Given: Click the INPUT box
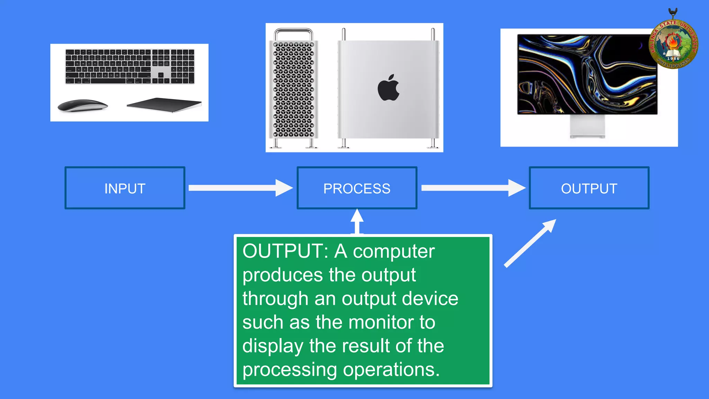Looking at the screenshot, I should pyautogui.click(x=125, y=188).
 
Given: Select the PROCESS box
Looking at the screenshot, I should pyautogui.click(x=357, y=188).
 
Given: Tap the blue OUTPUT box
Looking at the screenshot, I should pyautogui.click(x=589, y=188).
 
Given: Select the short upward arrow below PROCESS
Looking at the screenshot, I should pyautogui.click(x=357, y=222).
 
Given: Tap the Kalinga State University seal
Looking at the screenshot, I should pyautogui.click(x=673, y=44).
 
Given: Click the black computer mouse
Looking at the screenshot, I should pyautogui.click(x=82, y=105).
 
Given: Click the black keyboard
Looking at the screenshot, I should pyautogui.click(x=130, y=66).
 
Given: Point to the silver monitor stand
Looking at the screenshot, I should pyautogui.click(x=587, y=126).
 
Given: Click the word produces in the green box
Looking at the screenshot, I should pyautogui.click(x=282, y=275).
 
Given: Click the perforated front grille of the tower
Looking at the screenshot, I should pyautogui.click(x=294, y=89).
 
